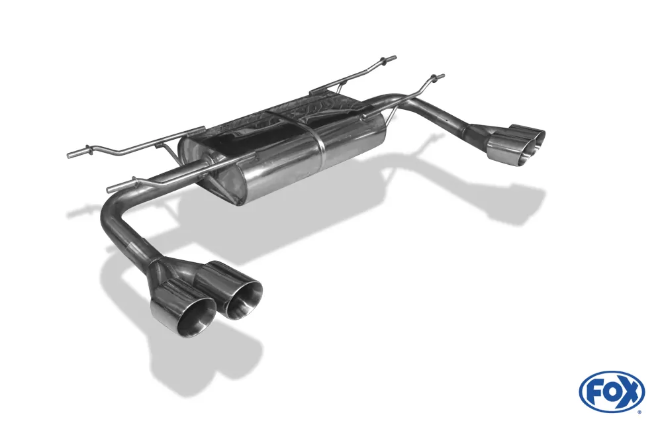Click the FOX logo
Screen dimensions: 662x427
(x=612, y=391)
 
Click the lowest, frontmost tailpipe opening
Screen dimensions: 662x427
(x=195, y=317)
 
